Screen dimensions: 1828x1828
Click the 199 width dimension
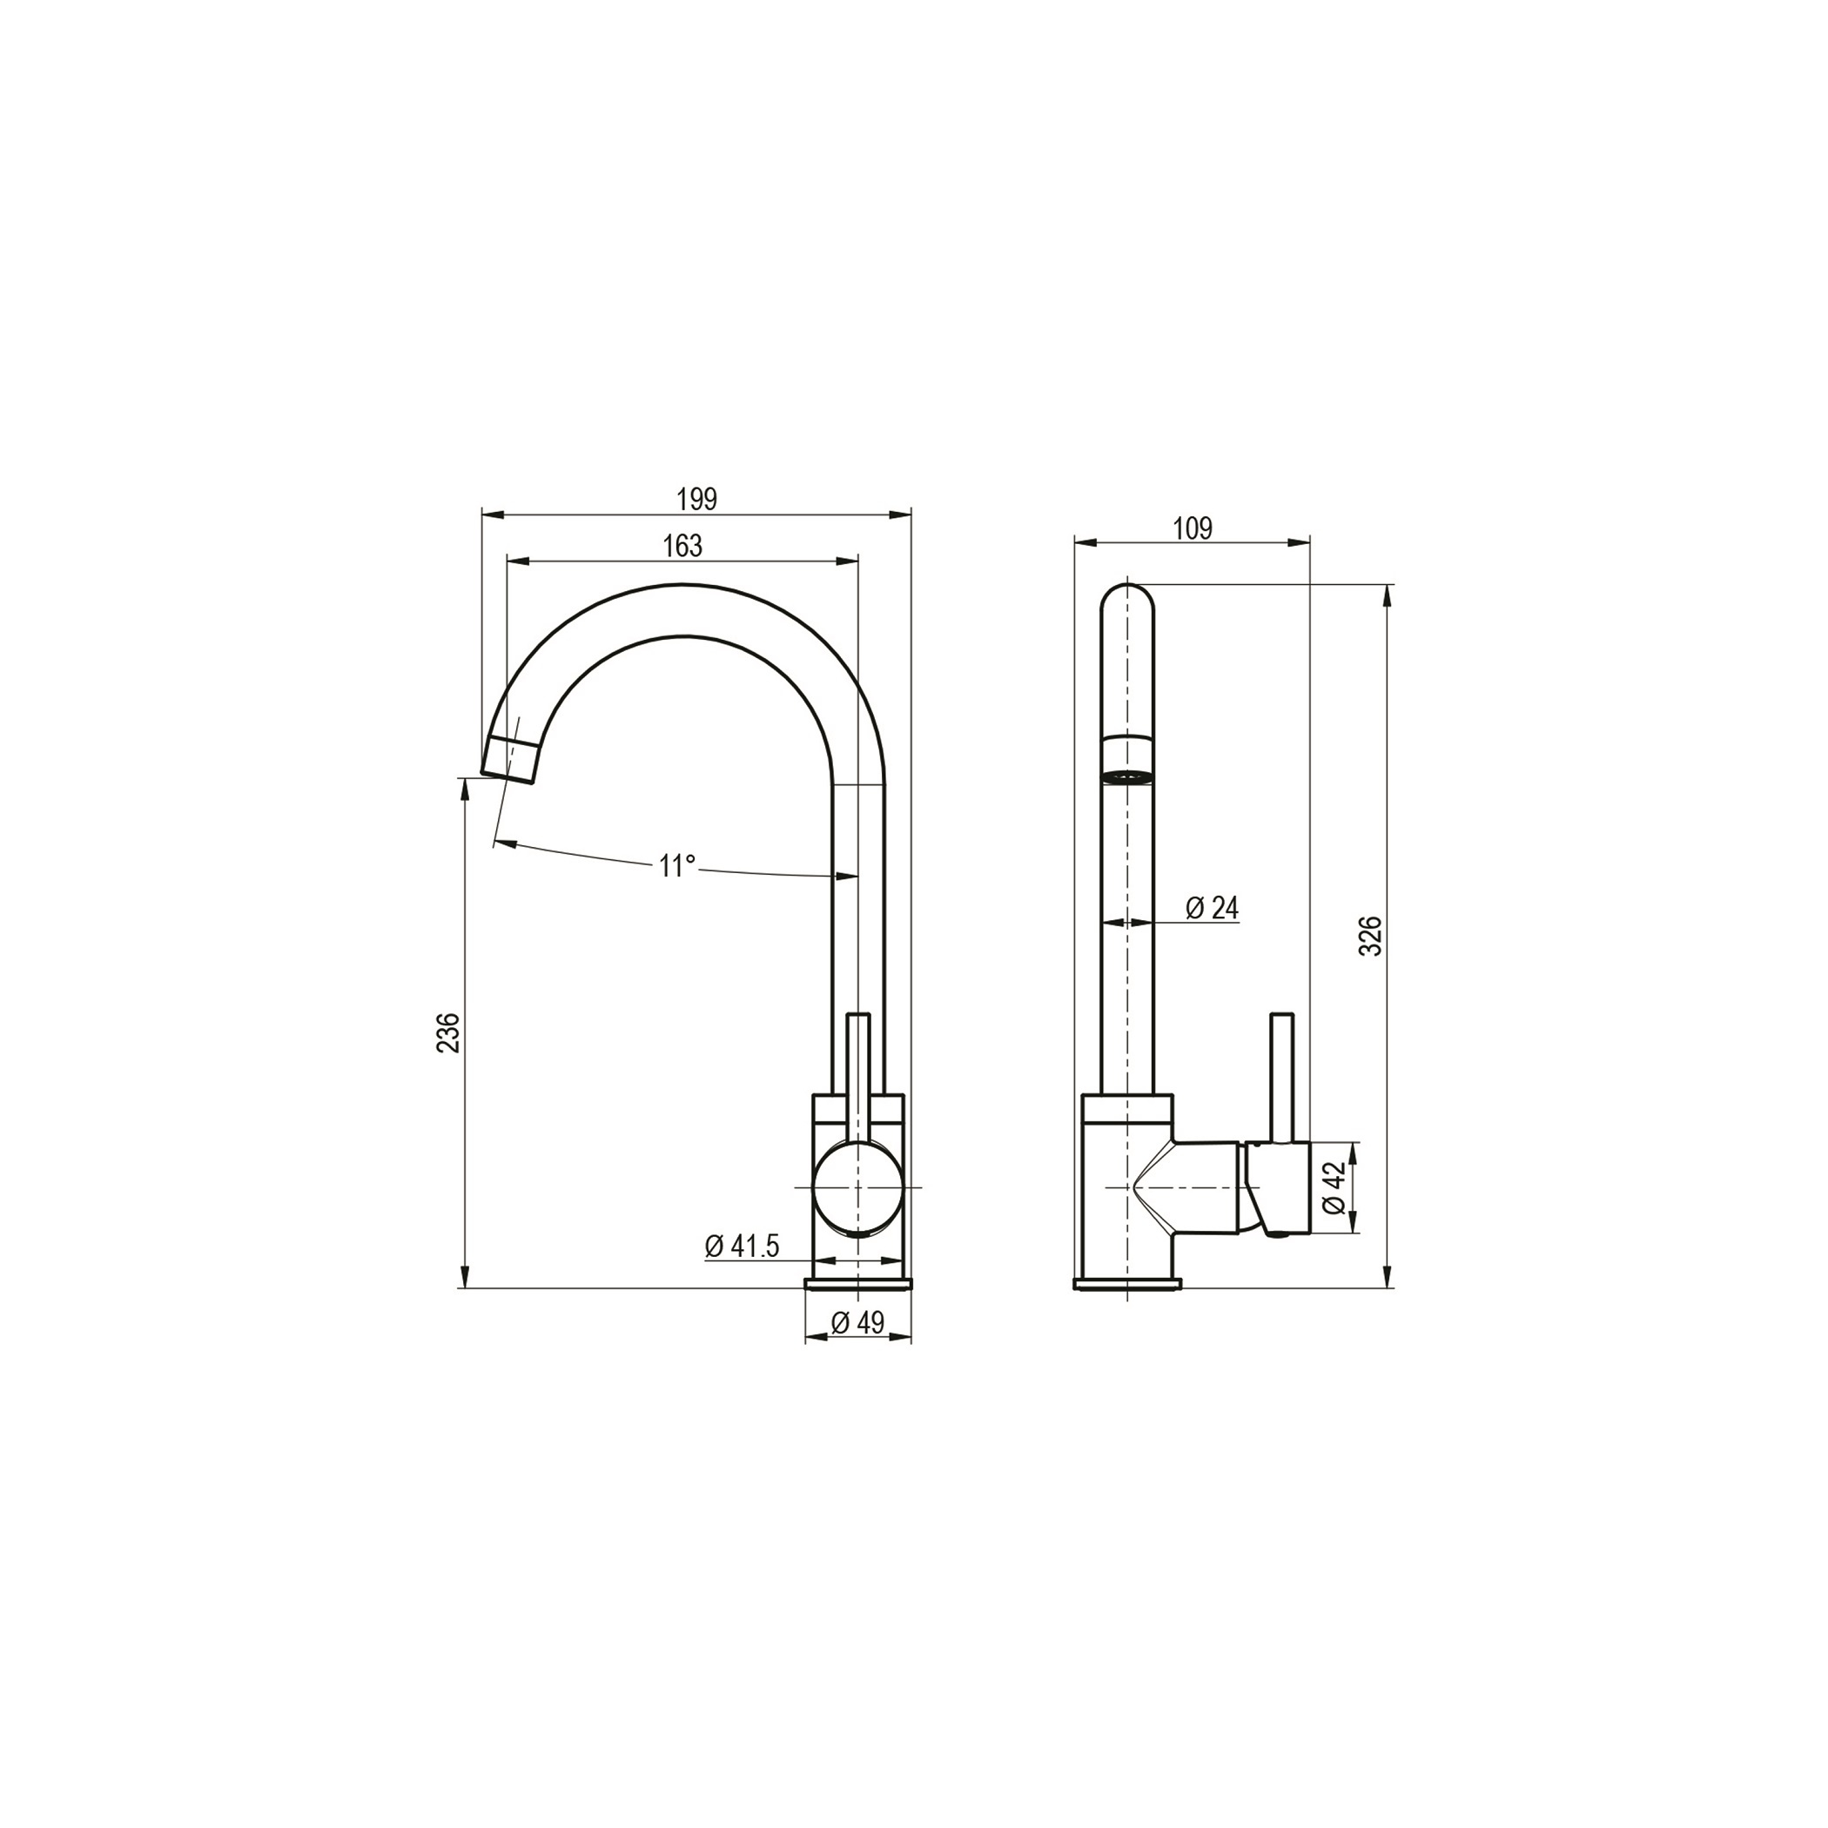tap(696, 499)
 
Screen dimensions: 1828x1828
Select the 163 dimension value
tap(682, 546)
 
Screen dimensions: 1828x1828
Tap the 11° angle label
tap(677, 866)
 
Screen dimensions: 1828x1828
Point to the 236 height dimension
tap(450, 1032)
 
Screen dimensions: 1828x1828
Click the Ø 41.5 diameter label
tap(742, 1247)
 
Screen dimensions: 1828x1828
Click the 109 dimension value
tap(1193, 529)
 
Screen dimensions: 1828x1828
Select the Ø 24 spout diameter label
tap(1212, 908)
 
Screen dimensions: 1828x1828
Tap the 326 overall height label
tap(1371, 935)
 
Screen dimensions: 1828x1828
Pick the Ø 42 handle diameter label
tap(1334, 1188)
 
